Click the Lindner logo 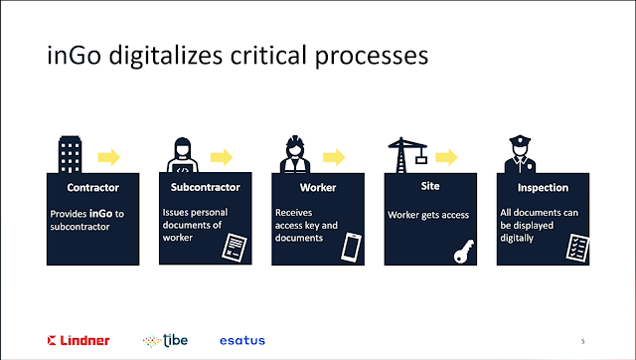(x=79, y=340)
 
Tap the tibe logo (x=166, y=340)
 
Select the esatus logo (x=242, y=340)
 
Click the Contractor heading (x=92, y=188)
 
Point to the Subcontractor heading (x=206, y=187)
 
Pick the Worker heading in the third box (x=318, y=188)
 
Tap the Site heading (x=430, y=186)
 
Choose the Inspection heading (x=543, y=188)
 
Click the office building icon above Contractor (x=71, y=154)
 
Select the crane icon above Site (x=407, y=155)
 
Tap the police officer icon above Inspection (x=520, y=154)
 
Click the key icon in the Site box (x=464, y=252)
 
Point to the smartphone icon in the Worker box (x=351, y=248)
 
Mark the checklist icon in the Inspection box (x=577, y=248)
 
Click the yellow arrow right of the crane (x=446, y=157)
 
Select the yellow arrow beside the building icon (x=109, y=157)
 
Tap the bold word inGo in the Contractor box (x=100, y=214)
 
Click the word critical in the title (x=268, y=55)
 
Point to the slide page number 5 (x=583, y=342)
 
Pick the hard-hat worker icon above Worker (x=295, y=154)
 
